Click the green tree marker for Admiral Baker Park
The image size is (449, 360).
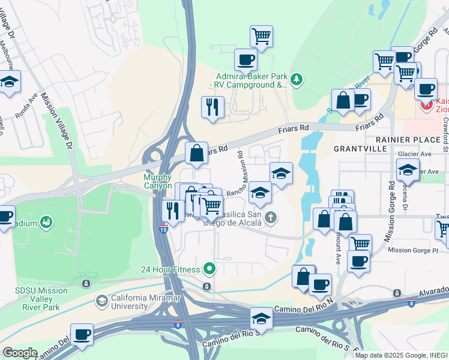(296, 79)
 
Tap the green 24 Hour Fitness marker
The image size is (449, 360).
(209, 268)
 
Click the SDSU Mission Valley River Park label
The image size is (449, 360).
(41, 295)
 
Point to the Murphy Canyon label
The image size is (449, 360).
(158, 181)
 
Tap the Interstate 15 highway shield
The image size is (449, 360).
(163, 229)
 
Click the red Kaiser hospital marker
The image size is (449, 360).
(427, 106)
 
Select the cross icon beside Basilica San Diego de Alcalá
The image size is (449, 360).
(271, 217)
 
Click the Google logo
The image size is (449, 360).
(19, 352)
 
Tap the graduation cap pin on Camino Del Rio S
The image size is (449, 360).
(261, 318)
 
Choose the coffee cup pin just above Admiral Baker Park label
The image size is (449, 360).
(246, 60)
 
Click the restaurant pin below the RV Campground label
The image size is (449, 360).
(212, 107)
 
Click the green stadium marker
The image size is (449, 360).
(46, 223)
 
